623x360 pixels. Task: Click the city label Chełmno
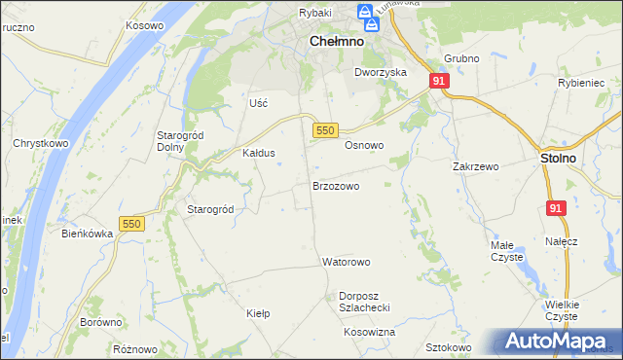[336, 42]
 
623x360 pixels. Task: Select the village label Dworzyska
[380, 72]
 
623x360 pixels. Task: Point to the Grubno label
[461, 58]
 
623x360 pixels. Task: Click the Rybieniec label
[581, 84]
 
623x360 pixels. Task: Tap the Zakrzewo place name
[475, 166]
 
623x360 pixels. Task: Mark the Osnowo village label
[364, 145]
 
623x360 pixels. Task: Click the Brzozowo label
[336, 185]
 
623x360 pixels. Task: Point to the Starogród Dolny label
[177, 141]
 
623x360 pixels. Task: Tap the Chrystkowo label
[38, 143]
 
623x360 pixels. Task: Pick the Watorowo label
[347, 262]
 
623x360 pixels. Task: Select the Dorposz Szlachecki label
[364, 301]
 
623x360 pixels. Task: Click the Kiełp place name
[258, 313]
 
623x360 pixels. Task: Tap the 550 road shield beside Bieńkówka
[131, 224]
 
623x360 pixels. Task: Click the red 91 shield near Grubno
[439, 82]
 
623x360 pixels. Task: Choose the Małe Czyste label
[506, 251]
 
